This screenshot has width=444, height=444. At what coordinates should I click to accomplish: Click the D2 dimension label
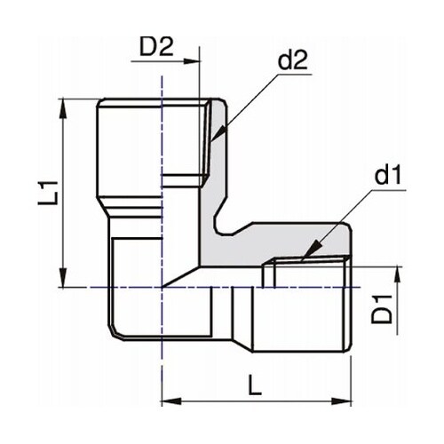click(x=156, y=46)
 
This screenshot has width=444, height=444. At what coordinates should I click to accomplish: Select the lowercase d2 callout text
click(x=291, y=60)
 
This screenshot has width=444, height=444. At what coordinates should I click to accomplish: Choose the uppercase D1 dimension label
click(x=383, y=304)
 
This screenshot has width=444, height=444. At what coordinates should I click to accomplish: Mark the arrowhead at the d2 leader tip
click(x=214, y=139)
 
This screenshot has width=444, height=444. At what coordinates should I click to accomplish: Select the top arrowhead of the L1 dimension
click(x=62, y=106)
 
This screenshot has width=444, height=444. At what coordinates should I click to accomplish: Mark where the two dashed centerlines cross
click(x=162, y=287)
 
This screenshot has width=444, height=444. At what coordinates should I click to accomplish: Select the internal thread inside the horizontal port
click(x=311, y=262)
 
